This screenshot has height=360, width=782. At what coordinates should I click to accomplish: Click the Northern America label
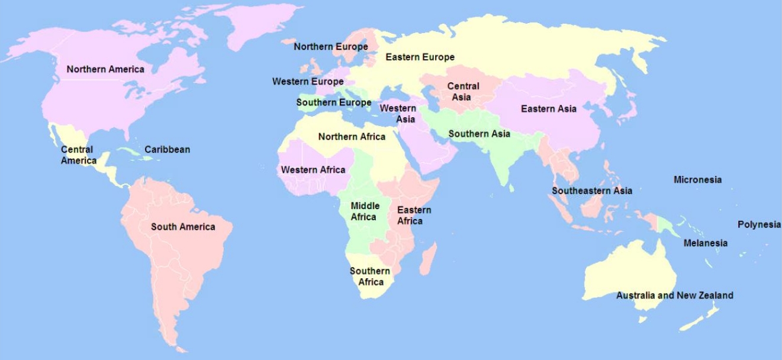pos(105,69)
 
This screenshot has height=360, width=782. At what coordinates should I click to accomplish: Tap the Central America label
pos(78,155)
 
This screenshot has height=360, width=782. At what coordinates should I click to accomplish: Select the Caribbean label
pos(167,149)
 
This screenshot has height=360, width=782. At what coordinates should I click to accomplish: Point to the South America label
pos(183,227)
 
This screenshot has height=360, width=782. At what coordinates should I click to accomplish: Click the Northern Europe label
pos(330,47)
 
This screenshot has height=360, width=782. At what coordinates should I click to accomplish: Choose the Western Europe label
pos(307,82)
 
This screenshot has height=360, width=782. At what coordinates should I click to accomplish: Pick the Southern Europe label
pos(333,102)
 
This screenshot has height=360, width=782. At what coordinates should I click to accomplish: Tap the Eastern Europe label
pos(420,57)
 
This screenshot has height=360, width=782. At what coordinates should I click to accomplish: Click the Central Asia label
pos(463,91)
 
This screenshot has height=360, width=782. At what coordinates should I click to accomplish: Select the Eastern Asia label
pos(548,109)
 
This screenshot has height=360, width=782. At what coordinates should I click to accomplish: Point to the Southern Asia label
pos(479,134)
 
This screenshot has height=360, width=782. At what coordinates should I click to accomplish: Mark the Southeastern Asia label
pos(591,191)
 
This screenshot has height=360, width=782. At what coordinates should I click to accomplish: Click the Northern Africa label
pos(352,137)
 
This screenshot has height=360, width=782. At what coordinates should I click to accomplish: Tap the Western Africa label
pos(313,170)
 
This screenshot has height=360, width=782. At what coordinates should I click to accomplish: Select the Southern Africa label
pos(370,277)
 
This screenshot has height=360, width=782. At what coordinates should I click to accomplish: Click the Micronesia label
pos(697,179)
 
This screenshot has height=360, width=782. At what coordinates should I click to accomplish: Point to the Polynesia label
pos(759,224)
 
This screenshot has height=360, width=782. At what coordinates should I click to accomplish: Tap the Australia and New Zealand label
pos(674,295)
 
